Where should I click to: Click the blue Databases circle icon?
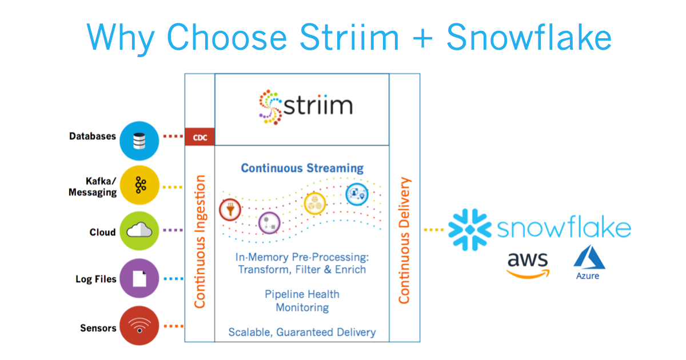tap(139, 141)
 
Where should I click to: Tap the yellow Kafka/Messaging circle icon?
tap(139, 185)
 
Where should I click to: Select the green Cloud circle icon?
tap(139, 231)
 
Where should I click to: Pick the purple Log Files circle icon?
tap(139, 278)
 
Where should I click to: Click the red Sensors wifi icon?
tap(139, 325)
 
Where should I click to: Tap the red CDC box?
tap(200, 137)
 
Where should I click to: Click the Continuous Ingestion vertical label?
tap(200, 242)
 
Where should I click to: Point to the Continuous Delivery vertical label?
tap(404, 241)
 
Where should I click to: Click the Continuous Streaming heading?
tap(302, 169)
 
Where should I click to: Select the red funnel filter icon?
tap(230, 210)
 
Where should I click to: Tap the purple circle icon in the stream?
tap(269, 223)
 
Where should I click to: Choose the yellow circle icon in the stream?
tap(315, 203)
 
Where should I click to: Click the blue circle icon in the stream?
tap(357, 194)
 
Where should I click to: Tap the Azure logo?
tap(589, 262)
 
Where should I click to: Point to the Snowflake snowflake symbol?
tap(470, 230)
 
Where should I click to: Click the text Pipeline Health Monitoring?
tap(302, 301)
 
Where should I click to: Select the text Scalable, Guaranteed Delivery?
tap(302, 332)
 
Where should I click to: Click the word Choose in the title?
tap(227, 37)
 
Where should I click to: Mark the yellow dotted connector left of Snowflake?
tap(434, 230)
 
